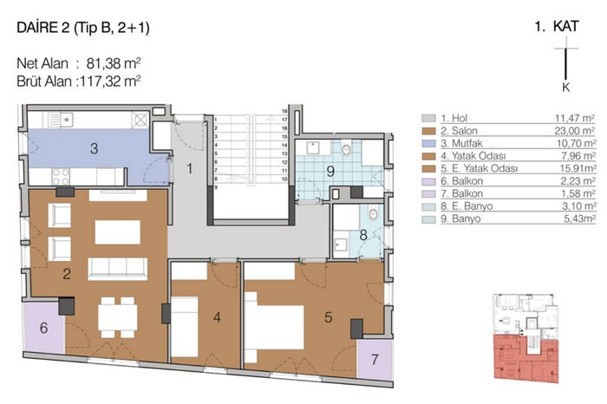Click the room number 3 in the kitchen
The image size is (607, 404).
click(94, 148)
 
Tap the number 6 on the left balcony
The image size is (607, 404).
click(43, 328)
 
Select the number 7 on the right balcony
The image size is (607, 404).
click(375, 360)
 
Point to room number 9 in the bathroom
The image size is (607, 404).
click(330, 171)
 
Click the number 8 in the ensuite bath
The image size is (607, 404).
click(363, 235)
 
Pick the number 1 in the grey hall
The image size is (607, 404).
click(190, 169)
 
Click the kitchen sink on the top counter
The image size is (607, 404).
click(61, 120)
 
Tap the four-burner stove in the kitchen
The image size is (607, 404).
click(61, 177)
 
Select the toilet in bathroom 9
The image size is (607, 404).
click(347, 148)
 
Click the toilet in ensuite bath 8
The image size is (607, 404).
click(373, 213)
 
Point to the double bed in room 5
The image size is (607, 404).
click(274, 328)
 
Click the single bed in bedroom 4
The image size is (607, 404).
click(185, 327)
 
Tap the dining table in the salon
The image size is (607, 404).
click(118, 317)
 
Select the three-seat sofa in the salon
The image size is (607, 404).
click(118, 269)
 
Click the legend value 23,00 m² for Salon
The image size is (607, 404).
click(575, 131)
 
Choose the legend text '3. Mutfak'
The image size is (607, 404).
click(461, 144)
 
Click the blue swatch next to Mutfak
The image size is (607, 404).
click(428, 144)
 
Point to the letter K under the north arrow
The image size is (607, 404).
click(566, 87)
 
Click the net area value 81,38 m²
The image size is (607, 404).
click(113, 63)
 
